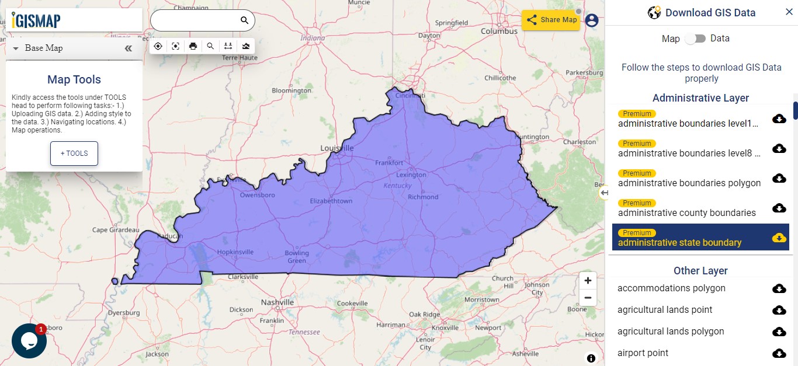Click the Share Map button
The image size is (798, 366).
pos(551,20)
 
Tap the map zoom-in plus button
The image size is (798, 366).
pos(588,280)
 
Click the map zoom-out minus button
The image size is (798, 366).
pos(588,298)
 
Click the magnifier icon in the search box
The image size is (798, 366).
pos(244,20)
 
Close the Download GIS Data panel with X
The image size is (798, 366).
pos(789,12)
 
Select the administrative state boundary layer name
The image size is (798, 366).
pos(680,242)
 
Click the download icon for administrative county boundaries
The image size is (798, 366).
pos(779,208)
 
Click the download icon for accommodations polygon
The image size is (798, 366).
pos(779,288)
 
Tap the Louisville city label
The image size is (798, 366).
pos(337,148)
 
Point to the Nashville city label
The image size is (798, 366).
pos(277,302)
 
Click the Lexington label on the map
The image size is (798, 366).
pos(411,175)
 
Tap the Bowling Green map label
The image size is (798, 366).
pos(297,257)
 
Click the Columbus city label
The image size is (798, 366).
pos(499,32)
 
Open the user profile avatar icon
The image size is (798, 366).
pos(592,20)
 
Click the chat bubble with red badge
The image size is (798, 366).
pos(29,340)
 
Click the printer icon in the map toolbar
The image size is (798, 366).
pos(193,46)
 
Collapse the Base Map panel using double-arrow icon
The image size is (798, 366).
pos(129,48)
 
